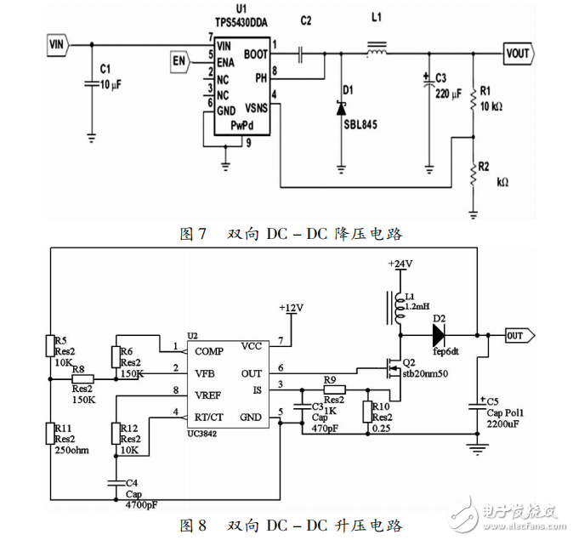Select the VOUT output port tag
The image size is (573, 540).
(519, 54)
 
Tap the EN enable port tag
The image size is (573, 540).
(179, 60)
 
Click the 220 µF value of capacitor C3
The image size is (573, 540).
(448, 93)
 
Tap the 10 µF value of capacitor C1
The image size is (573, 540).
(112, 84)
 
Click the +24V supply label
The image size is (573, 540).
(400, 265)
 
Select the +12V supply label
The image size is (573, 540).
(292, 307)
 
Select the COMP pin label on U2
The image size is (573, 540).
(208, 350)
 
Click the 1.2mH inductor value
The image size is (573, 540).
(417, 305)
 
